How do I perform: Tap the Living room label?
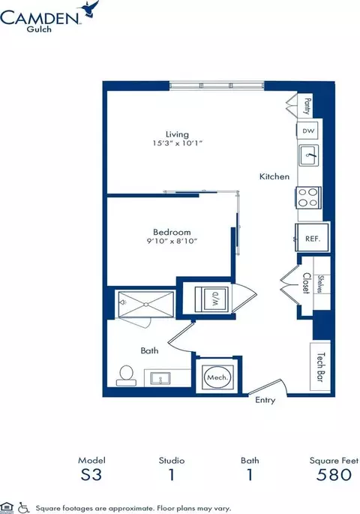point(177,134)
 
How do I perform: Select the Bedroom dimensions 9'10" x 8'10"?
point(172,242)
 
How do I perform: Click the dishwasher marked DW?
point(308,131)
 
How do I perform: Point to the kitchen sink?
point(308,155)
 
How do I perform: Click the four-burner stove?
point(308,197)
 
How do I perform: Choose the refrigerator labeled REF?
point(312,237)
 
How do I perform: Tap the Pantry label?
point(307,106)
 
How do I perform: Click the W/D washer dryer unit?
point(211,299)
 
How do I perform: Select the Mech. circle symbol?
point(217,377)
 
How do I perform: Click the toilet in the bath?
point(126,376)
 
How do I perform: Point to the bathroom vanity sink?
point(160,378)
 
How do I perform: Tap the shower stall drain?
point(146,305)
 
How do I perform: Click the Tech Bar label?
point(321,367)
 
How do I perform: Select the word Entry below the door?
point(265,400)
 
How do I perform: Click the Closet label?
point(306,283)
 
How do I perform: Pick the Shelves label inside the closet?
point(320,284)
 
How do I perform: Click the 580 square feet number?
point(334,475)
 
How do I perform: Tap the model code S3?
point(91,475)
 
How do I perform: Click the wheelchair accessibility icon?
point(23,508)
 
